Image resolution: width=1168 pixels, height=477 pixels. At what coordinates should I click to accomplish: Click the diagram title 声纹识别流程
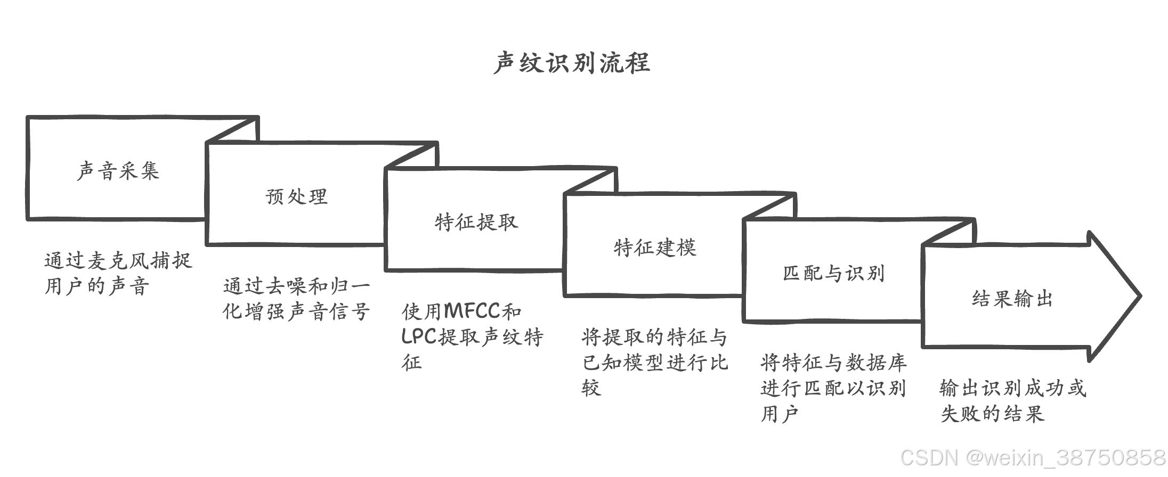pos(572,63)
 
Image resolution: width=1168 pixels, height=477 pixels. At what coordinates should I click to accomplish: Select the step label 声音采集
pos(118,171)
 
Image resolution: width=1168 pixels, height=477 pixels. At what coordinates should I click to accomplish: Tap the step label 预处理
pos(296,196)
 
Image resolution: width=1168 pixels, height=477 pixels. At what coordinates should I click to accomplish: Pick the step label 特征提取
pos(476,221)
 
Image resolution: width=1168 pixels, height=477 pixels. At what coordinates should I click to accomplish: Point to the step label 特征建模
pos(655,248)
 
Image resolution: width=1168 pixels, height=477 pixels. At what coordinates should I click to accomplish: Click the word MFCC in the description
pos(472,311)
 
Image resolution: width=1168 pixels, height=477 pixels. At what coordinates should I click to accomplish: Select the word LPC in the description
pos(419,336)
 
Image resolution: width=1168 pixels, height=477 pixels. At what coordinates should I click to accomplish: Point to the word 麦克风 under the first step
pos(118,261)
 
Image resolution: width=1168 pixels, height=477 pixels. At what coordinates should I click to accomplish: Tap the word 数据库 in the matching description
pos(877,363)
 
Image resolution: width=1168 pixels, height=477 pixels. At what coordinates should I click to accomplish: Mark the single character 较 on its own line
pos(591,388)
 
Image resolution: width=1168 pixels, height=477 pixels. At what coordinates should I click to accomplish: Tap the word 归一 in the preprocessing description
pos(350,286)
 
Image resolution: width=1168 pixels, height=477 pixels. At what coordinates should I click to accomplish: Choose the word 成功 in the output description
pos(1044,388)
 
